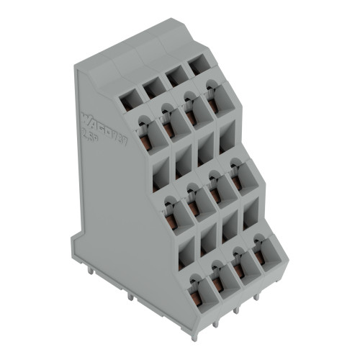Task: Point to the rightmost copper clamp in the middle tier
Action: click(237, 183)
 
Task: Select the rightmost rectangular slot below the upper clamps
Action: click(226, 137)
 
